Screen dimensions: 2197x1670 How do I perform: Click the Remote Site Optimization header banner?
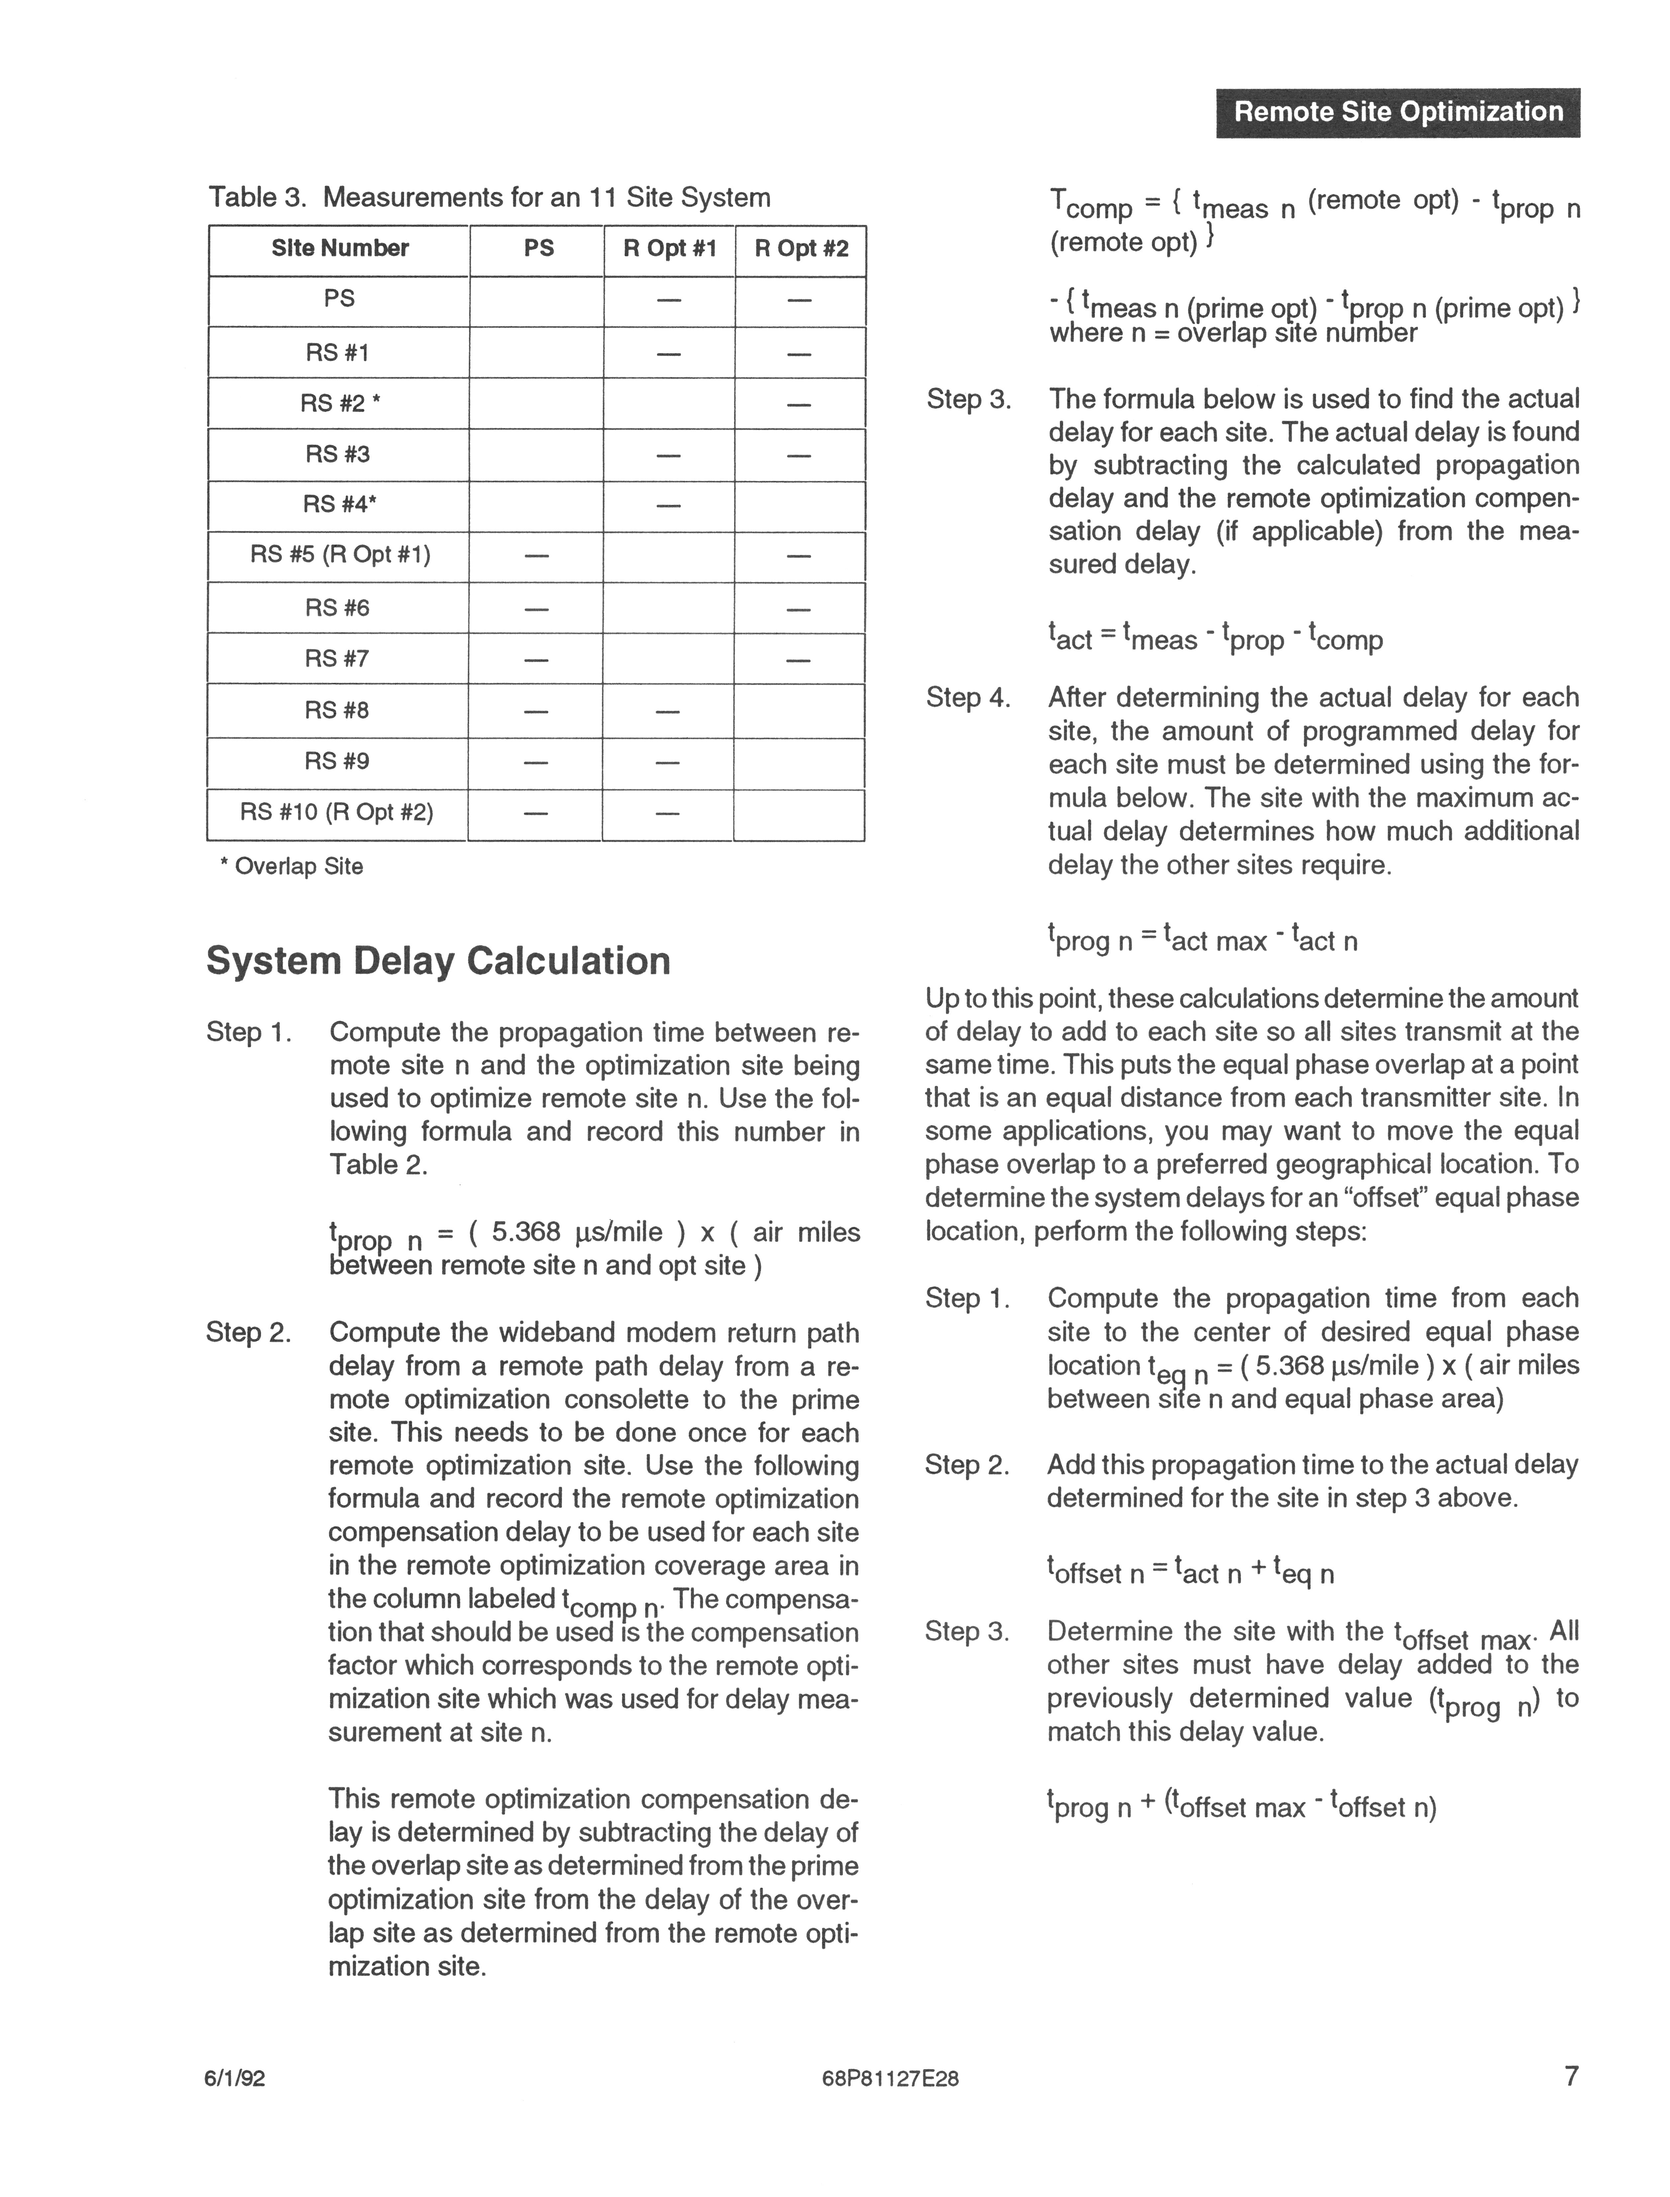(x=1398, y=112)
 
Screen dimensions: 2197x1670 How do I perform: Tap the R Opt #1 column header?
(x=669, y=248)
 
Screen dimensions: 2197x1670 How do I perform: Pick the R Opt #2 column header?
(x=801, y=248)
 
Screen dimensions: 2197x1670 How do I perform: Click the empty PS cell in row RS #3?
(x=537, y=455)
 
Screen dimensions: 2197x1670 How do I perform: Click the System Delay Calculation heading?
(x=438, y=961)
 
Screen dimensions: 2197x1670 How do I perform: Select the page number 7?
(x=1572, y=2104)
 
